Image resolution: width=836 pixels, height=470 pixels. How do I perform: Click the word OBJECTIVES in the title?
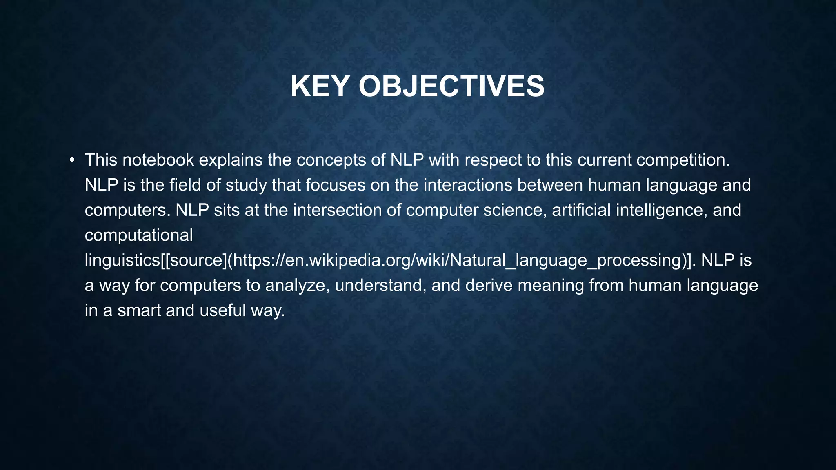click(x=451, y=86)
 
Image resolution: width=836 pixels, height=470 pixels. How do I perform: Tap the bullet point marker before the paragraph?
click(x=72, y=160)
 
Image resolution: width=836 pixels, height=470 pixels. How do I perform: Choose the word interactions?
click(x=467, y=185)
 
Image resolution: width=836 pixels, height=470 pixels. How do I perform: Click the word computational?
click(x=139, y=235)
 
